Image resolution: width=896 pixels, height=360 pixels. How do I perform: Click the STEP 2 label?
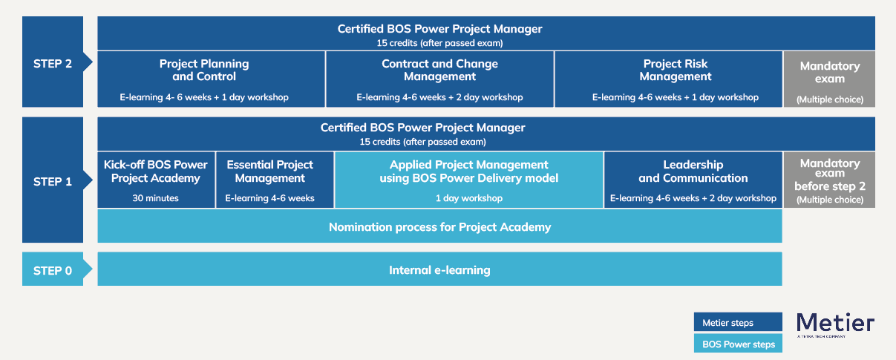click(53, 63)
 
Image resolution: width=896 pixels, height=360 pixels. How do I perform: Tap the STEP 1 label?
click(53, 181)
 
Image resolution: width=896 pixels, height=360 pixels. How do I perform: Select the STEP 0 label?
click(53, 270)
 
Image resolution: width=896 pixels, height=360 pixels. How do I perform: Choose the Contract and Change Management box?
click(439, 79)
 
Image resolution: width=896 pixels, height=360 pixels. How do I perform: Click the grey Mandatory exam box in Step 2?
click(829, 79)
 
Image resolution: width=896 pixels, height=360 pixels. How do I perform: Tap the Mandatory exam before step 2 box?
click(829, 180)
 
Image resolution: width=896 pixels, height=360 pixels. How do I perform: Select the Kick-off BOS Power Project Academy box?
click(156, 180)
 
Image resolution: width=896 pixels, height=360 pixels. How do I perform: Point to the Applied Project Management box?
click(468, 180)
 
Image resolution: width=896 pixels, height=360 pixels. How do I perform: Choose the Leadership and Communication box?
click(693, 180)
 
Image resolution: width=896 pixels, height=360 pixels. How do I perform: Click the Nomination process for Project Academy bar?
click(439, 226)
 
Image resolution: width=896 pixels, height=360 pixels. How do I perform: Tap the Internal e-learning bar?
click(439, 269)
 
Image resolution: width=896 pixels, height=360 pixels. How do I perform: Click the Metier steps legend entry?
click(737, 322)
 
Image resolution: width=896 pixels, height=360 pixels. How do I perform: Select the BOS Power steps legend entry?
click(737, 344)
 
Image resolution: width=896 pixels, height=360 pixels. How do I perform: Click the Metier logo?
click(835, 324)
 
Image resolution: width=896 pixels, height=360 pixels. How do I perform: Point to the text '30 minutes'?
click(156, 198)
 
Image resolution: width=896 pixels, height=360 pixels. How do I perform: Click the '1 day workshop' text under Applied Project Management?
click(468, 198)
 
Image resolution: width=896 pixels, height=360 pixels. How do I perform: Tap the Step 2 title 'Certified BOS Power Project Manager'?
click(439, 29)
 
